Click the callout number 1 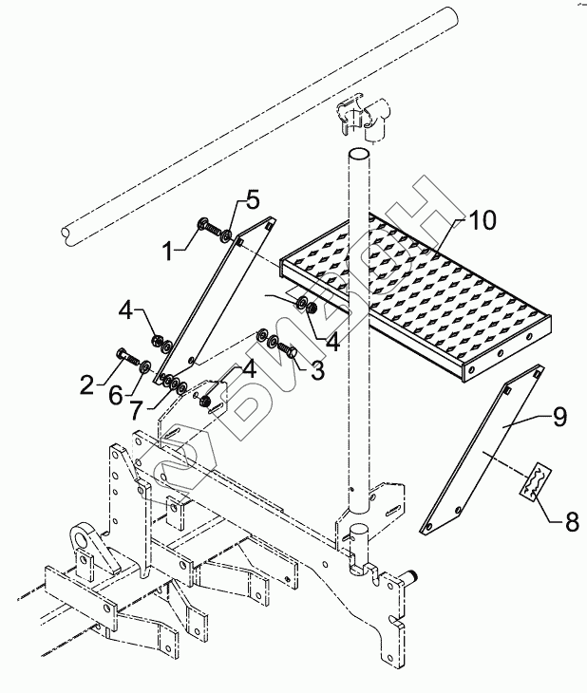point(168,252)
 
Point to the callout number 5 point(252,199)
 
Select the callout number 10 point(483,221)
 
